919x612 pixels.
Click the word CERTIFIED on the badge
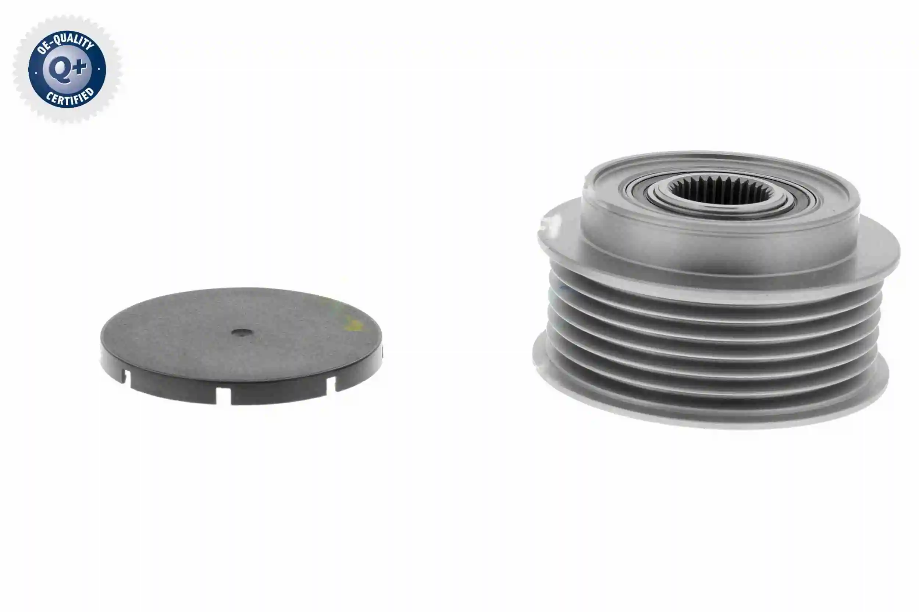(x=70, y=97)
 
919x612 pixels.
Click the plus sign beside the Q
(x=79, y=67)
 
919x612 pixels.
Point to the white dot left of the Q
(x=36, y=72)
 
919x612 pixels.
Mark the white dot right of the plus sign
(x=99, y=69)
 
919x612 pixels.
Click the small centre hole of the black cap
(x=242, y=332)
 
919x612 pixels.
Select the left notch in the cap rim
(x=127, y=379)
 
